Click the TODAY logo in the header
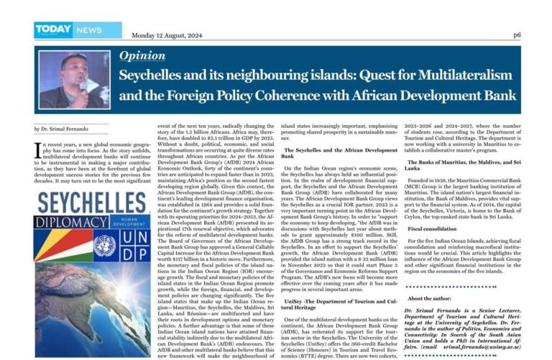(53, 29)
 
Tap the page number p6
(517, 34)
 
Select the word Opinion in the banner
(142, 55)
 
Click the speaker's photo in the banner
(75, 79)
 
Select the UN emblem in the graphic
(103, 247)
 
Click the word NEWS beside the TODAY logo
(88, 30)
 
